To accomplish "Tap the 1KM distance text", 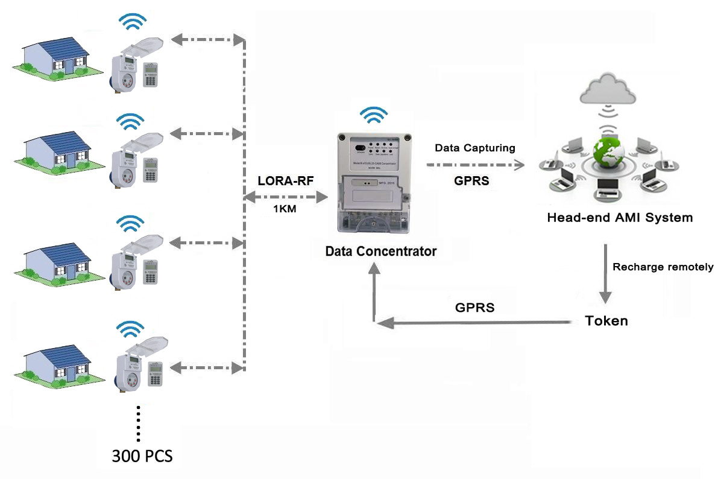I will tap(284, 209).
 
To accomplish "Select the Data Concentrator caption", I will tap(380, 251).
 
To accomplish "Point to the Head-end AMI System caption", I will tap(620, 217).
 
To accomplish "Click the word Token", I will tap(606, 321).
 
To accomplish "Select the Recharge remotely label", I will tap(663, 267).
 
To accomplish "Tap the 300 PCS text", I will tap(142, 456).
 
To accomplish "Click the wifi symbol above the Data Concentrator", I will tap(373, 115).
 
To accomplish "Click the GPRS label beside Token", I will tap(474, 308).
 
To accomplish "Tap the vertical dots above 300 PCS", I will tap(139, 423).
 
